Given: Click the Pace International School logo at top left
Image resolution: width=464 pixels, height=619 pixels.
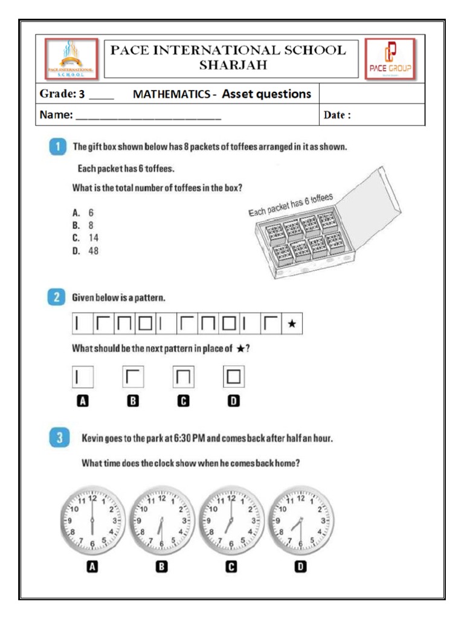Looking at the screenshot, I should pyautogui.click(x=71, y=59).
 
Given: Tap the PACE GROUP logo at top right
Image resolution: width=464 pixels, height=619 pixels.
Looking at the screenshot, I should pyautogui.click(x=390, y=59).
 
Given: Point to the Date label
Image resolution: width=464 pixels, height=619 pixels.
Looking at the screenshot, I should pyautogui.click(x=337, y=115).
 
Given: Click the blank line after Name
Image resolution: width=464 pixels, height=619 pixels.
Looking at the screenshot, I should pyautogui.click(x=147, y=116).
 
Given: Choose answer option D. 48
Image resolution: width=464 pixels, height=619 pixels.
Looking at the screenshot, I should pyautogui.click(x=85, y=251).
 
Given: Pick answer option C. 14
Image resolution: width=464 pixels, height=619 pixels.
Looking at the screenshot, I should pyautogui.click(x=85, y=238).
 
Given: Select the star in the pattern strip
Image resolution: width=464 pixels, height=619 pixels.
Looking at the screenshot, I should pyautogui.click(x=291, y=325).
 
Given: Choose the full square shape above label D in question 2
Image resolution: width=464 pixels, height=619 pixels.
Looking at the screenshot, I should pyautogui.click(x=234, y=378).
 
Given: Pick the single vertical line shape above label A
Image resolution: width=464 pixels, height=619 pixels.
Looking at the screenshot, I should pyautogui.click(x=77, y=378).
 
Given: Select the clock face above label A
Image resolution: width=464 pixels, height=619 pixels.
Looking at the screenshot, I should pyautogui.click(x=92, y=520).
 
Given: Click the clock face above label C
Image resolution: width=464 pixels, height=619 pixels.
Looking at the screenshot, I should pyautogui.click(x=230, y=520).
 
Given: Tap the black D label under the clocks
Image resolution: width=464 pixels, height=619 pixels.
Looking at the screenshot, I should pyautogui.click(x=300, y=566).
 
